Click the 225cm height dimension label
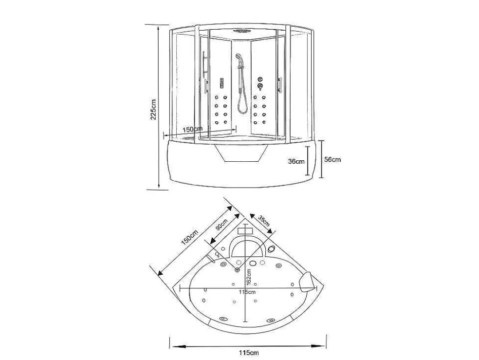(x=153, y=109)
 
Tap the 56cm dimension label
(x=332, y=159)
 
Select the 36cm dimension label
(x=296, y=161)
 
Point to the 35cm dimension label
(x=264, y=221)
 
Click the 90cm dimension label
(x=221, y=225)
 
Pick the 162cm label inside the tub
(x=248, y=276)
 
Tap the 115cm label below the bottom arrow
(x=249, y=353)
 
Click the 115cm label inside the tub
(x=247, y=292)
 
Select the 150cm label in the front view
(x=192, y=129)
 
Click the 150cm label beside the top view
(x=190, y=237)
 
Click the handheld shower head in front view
(x=238, y=57)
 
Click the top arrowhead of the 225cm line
(x=158, y=28)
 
